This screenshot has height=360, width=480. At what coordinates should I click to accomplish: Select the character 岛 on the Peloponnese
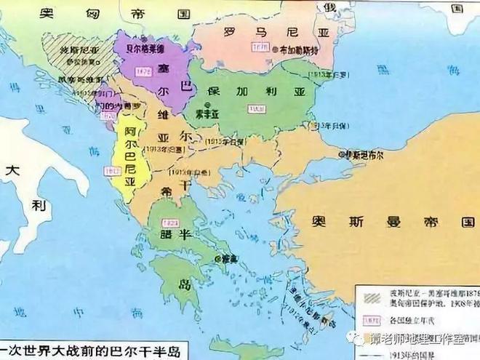pyautogui.click(x=184, y=283)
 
